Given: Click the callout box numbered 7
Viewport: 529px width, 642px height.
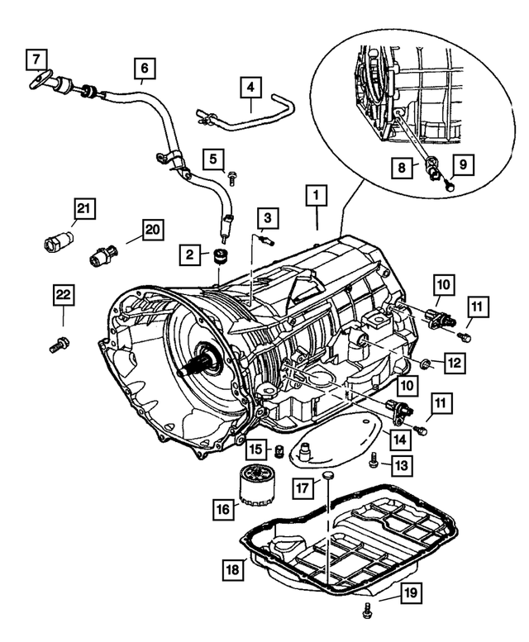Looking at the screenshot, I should point(36,59).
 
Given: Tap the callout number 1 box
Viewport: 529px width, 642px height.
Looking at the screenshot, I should point(314,196).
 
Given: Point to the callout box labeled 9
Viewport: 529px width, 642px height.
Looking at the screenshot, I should point(463,164).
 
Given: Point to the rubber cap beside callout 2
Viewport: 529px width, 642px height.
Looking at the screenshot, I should point(221,254).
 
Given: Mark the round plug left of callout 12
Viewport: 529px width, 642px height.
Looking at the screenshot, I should point(424,363).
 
